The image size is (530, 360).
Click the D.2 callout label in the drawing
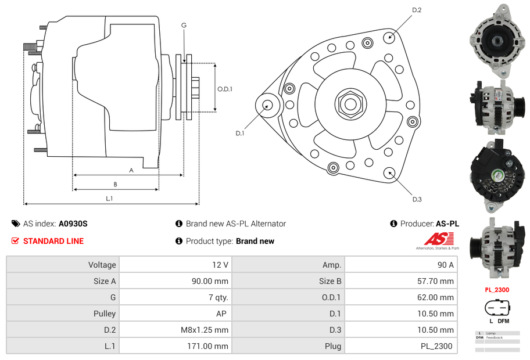coord(417,10)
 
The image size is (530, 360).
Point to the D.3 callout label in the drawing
coord(417,199)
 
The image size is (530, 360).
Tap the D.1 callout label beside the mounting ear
coord(240,134)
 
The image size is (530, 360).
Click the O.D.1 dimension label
coord(225,89)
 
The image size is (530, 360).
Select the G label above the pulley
coord(184,25)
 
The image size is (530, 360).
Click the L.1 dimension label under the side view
coord(109,199)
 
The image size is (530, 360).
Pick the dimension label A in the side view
coord(131,170)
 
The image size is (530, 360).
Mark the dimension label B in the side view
coord(115,185)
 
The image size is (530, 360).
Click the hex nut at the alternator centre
coord(349,104)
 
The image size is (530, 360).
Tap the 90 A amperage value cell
coord(445,265)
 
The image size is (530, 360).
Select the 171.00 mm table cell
coord(212,346)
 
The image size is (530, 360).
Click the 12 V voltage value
coord(220,265)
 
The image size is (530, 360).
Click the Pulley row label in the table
coord(104,314)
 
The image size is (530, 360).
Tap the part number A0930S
coord(73,224)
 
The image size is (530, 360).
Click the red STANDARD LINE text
coord(53,241)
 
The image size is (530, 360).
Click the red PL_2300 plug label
coord(497,290)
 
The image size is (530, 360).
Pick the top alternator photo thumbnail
coord(497,41)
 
